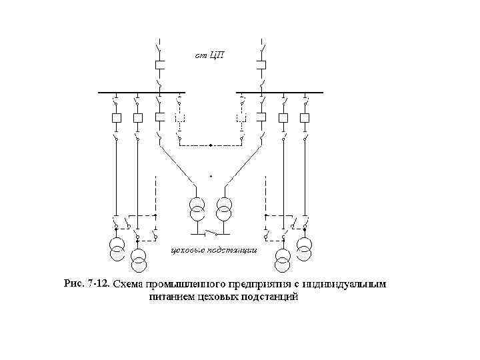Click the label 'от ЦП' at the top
(209, 54)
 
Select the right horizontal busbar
(279, 92)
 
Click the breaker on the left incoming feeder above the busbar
(159, 65)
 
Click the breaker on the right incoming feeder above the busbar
(262, 65)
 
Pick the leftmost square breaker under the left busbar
(117, 118)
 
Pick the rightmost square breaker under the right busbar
(305, 118)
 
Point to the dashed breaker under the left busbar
(180, 118)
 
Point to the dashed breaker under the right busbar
(241, 118)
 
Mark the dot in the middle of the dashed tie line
(211, 145)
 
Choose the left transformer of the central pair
(197, 208)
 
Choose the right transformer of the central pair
(225, 208)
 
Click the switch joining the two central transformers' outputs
(211, 234)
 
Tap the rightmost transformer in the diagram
(305, 248)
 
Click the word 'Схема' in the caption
(129, 285)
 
